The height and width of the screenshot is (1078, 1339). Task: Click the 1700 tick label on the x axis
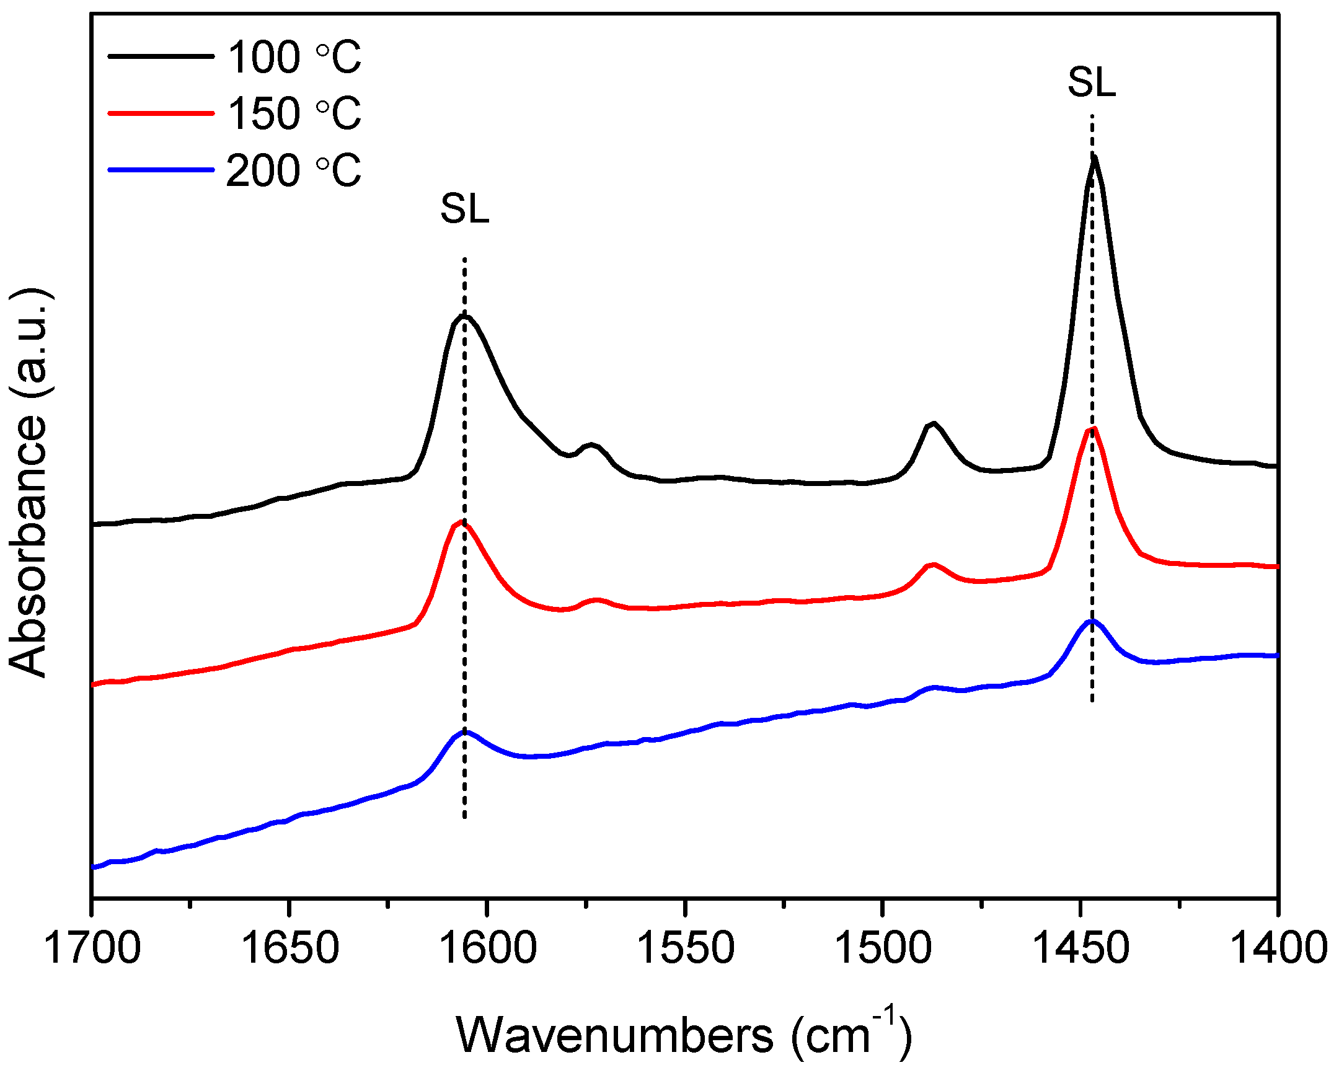[92, 949]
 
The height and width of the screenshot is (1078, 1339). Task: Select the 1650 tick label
[289, 949]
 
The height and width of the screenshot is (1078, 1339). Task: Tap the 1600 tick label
[487, 949]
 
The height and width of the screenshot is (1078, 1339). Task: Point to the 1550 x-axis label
[685, 949]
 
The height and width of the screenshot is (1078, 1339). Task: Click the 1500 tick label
[883, 949]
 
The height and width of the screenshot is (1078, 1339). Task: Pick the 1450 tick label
[1080, 949]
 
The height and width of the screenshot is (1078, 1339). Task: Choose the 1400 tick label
[1278, 949]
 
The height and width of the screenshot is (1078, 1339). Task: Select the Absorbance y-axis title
[30, 482]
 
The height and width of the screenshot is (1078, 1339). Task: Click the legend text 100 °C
[294, 57]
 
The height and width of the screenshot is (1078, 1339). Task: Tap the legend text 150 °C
[294, 113]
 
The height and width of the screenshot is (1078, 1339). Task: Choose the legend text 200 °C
[293, 170]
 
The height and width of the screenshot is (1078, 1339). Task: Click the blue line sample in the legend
[161, 169]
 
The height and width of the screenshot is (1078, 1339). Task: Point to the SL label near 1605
[464, 209]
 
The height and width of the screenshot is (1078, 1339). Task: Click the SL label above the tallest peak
[1091, 82]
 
